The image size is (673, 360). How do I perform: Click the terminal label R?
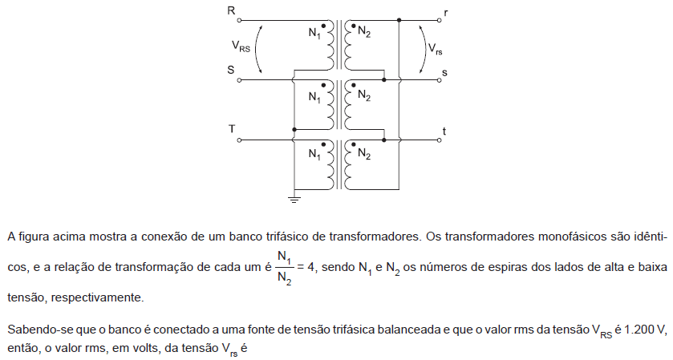pyautogui.click(x=231, y=10)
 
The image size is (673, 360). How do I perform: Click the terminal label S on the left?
pyautogui.click(x=231, y=70)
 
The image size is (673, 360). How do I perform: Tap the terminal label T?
pyautogui.click(x=232, y=129)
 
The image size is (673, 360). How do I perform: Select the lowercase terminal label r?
pyautogui.click(x=446, y=13)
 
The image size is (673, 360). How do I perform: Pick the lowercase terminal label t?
pyautogui.click(x=444, y=131)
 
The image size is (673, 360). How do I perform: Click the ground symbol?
pyautogui.click(x=294, y=200)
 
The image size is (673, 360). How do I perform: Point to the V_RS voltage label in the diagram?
pyautogui.click(x=241, y=46)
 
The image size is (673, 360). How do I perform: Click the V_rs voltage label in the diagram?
pyautogui.click(x=435, y=49)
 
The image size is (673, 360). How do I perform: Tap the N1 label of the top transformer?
pyautogui.click(x=314, y=34)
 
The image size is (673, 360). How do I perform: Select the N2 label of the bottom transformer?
pyautogui.click(x=364, y=153)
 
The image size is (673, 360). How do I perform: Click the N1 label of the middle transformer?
pyautogui.click(x=314, y=98)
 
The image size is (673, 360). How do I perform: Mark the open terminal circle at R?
pyautogui.click(x=239, y=20)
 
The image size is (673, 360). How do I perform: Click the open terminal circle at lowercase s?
pyautogui.click(x=439, y=80)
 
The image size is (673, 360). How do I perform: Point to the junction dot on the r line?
pyautogui.click(x=399, y=20)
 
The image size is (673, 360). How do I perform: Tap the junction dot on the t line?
pyautogui.click(x=384, y=140)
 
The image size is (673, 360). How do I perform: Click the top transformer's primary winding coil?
pyautogui.click(x=330, y=44)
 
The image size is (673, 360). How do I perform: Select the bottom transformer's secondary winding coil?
pyautogui.click(x=347, y=164)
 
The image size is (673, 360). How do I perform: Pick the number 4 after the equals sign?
pyautogui.click(x=311, y=267)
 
